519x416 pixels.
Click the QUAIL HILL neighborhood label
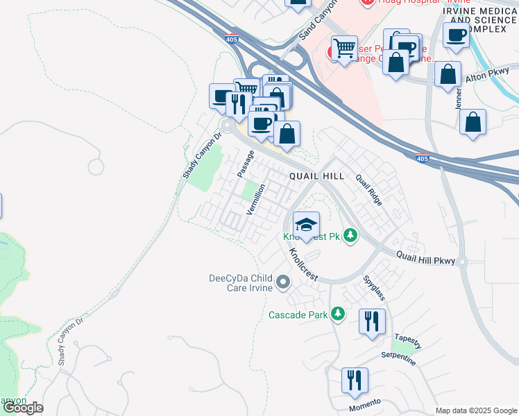click(x=316, y=177)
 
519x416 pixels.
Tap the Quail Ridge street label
click(x=369, y=189)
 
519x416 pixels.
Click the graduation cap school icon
click(x=306, y=224)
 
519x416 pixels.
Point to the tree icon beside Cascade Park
click(x=338, y=315)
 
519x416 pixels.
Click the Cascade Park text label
click(x=298, y=315)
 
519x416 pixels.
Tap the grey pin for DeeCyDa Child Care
click(x=283, y=282)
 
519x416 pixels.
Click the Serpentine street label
click(x=398, y=359)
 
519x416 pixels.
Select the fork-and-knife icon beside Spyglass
click(x=372, y=320)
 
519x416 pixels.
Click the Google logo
click(x=23, y=408)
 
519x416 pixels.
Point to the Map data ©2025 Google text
click(x=477, y=410)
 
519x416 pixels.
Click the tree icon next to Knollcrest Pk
click(x=351, y=236)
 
